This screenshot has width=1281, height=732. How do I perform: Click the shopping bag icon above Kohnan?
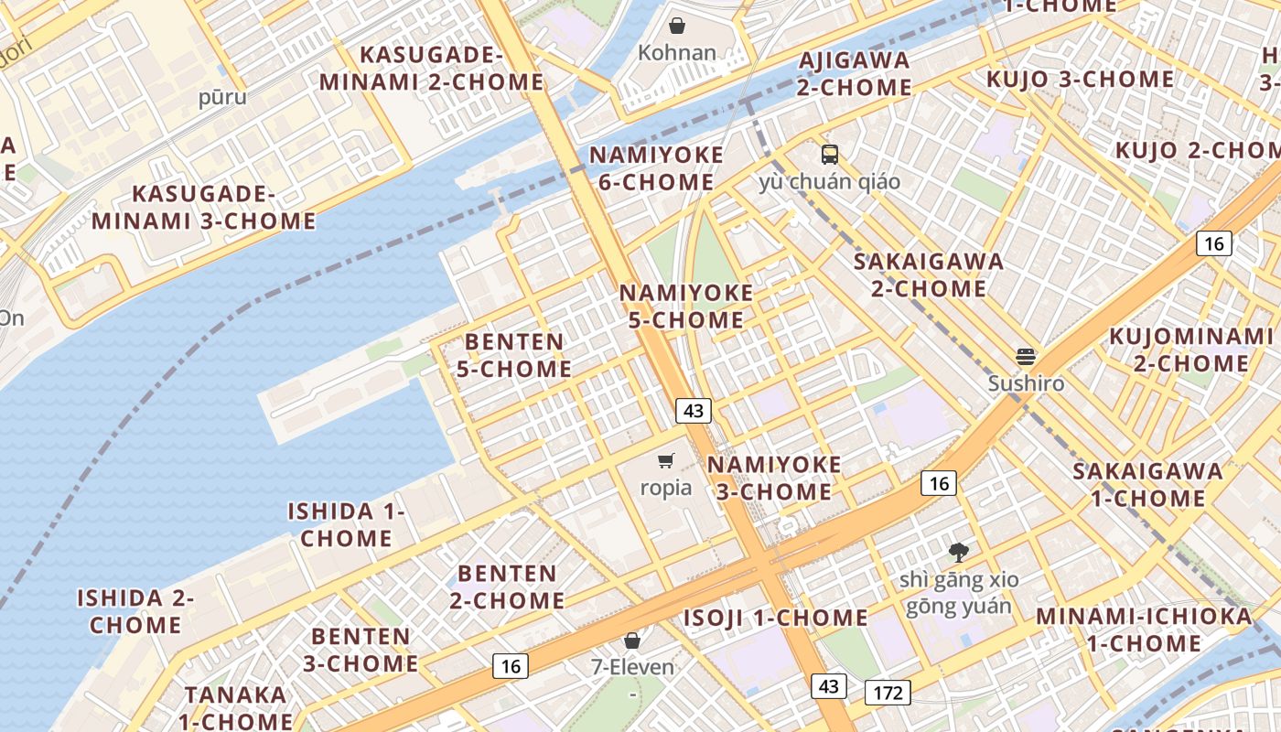click(x=677, y=26)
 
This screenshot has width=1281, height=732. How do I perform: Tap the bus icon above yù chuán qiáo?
click(x=830, y=154)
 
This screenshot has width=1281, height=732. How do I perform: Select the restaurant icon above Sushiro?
click(x=1026, y=356)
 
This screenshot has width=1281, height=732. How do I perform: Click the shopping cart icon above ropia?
click(x=666, y=460)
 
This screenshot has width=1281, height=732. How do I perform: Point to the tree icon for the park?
click(x=959, y=552)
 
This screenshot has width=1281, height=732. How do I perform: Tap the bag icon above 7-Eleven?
click(x=631, y=640)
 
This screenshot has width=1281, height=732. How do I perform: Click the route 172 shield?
click(x=888, y=693)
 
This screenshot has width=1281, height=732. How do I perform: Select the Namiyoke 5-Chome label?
click(x=686, y=307)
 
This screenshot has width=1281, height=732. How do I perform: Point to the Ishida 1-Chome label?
click(x=347, y=524)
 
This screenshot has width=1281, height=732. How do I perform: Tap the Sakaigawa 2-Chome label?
click(x=929, y=274)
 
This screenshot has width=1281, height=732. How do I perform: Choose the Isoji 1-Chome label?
click(x=776, y=618)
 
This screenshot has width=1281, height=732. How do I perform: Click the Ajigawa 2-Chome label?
click(x=854, y=74)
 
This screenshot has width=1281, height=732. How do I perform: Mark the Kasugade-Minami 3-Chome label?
click(x=204, y=208)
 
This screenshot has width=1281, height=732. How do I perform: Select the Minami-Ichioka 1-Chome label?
click(x=1144, y=630)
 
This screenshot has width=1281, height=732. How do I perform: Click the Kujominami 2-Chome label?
click(x=1191, y=350)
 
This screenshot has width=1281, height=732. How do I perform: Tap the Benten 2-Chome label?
click(x=507, y=587)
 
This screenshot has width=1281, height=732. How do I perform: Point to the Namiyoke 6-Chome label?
click(x=656, y=168)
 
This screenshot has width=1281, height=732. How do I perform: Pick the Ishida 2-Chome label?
click(x=135, y=611)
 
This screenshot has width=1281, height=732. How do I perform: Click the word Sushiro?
click(x=1026, y=383)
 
